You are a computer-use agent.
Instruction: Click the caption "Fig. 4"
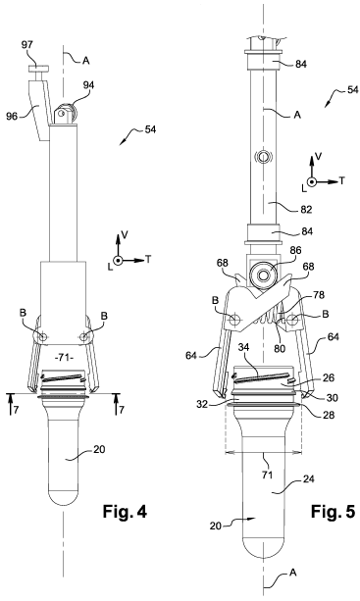125,512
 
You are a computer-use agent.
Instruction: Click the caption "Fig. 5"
333,512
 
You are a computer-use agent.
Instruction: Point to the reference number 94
88,85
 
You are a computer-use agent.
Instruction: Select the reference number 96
12,116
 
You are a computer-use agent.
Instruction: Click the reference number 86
295,251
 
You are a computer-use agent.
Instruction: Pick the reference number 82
306,209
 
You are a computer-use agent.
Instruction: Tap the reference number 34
244,348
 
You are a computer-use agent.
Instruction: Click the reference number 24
308,478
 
